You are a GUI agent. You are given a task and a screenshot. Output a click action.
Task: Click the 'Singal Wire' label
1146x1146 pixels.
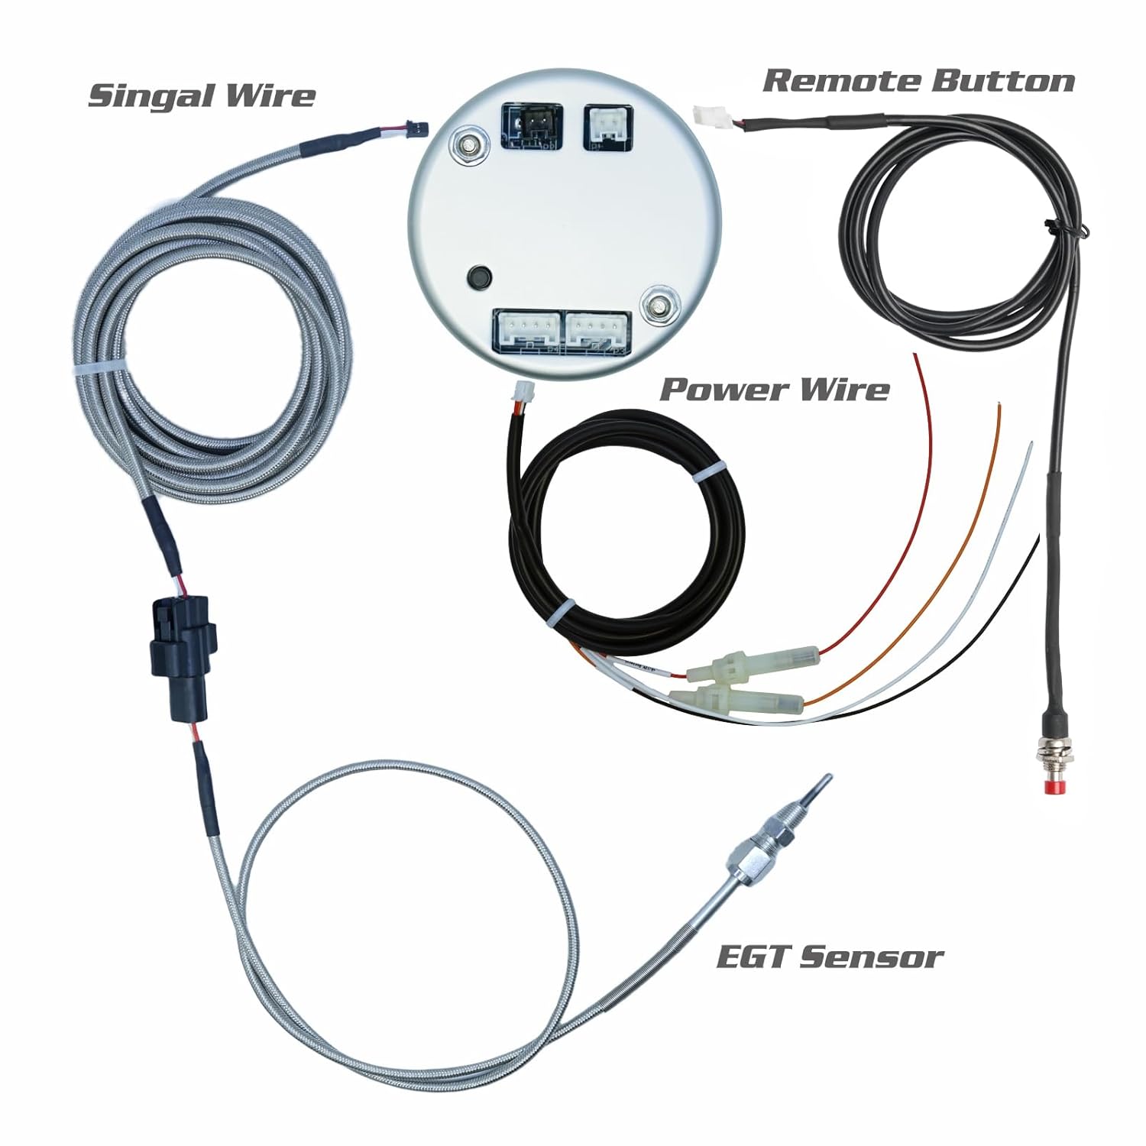(x=202, y=95)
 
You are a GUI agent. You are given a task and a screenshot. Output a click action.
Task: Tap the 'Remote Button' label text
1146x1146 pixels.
(x=919, y=80)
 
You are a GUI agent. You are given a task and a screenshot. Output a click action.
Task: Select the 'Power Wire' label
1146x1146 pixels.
(x=774, y=390)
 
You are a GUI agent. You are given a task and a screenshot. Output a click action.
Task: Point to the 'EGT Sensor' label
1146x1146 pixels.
(x=830, y=957)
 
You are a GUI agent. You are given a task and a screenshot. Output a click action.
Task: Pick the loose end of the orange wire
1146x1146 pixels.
(x=999, y=403)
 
